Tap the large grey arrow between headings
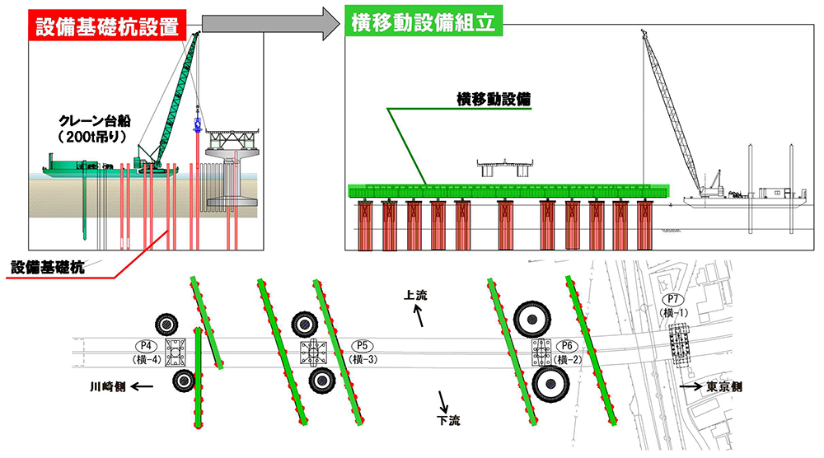click(270, 22)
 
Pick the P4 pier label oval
click(145, 346)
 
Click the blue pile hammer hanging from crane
click(198, 126)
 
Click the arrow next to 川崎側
click(141, 386)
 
